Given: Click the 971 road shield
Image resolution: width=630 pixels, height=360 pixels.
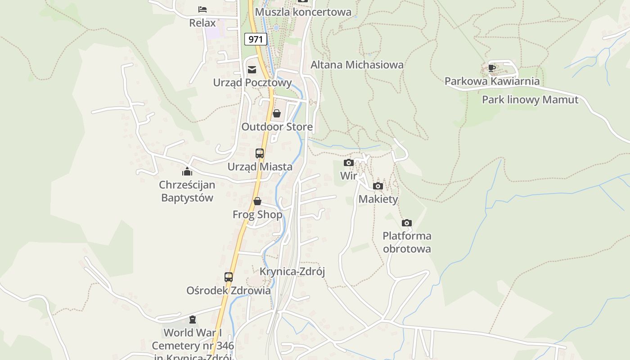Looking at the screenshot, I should coord(256,39).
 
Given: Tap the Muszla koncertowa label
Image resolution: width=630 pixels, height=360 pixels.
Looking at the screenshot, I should coord(303,12).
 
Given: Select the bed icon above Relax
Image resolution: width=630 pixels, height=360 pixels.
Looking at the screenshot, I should coord(202,9).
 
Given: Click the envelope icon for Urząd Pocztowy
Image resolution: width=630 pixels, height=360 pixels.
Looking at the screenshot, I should coord(252,69).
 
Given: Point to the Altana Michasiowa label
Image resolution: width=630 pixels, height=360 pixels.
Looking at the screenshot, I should coord(357,65).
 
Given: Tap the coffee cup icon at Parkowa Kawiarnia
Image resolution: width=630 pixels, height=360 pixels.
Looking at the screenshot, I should coord(492,68).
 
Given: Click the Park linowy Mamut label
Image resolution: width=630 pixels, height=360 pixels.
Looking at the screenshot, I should coord(530,100).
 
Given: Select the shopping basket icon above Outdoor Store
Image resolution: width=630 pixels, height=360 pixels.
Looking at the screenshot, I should coord(277,113).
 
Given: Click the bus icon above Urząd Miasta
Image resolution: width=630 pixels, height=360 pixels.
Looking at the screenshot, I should coord(260,153).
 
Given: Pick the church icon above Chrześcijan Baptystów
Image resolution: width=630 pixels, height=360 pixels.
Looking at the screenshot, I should coord(187,171).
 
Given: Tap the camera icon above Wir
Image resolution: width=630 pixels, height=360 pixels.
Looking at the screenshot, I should coord(349,162).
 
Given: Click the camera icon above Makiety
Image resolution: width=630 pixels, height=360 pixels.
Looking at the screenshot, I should coord(378,186).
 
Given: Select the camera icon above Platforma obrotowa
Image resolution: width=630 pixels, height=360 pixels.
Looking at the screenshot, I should coord(407,223).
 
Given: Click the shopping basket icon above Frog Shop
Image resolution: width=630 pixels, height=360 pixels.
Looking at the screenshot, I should coord(257,201).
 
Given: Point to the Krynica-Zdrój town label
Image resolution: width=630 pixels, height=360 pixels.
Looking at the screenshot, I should coord(292,272).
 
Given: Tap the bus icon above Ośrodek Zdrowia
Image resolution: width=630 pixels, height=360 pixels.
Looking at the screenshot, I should coord(229,277).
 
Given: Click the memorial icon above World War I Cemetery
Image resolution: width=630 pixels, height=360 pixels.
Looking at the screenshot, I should coord(193,320).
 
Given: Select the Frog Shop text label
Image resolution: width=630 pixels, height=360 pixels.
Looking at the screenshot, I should coord(257,215).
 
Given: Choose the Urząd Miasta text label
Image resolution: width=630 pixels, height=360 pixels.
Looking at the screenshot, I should coord(260,167).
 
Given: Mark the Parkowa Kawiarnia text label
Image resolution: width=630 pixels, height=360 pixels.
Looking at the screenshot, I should coord(492,81).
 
